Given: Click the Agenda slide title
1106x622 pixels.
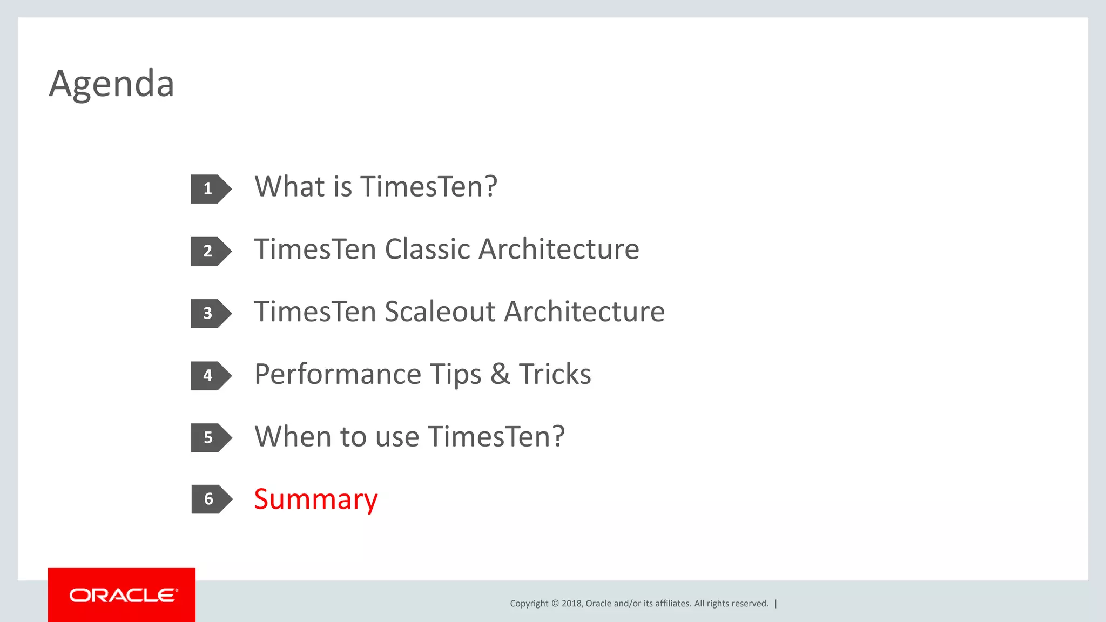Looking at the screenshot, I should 111,84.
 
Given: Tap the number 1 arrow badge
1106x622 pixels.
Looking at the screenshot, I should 210,189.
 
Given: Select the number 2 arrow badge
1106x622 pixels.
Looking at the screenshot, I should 210,251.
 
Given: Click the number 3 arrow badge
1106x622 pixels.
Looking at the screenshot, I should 210,314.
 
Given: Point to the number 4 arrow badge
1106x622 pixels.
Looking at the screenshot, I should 210,376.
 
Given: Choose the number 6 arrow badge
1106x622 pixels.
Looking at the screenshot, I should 211,499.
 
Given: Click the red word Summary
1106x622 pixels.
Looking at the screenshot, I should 315,499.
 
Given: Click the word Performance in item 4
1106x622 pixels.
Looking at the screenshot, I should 338,375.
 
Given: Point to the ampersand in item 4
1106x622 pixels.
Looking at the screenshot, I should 500,374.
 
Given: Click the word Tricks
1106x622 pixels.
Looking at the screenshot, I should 555,374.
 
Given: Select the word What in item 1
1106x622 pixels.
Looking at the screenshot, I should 289,187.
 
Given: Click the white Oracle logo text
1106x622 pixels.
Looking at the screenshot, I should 123,596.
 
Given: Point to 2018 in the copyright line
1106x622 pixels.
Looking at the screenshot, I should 571,604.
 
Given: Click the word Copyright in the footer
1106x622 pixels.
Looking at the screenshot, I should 529,604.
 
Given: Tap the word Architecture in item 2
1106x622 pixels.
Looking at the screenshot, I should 558,249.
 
